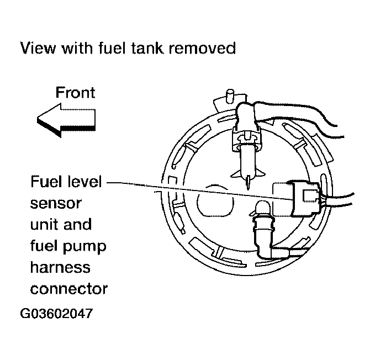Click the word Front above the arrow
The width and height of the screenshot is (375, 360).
[75, 92]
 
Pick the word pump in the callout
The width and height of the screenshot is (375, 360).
[88, 246]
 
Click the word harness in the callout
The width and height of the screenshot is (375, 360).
[60, 267]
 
